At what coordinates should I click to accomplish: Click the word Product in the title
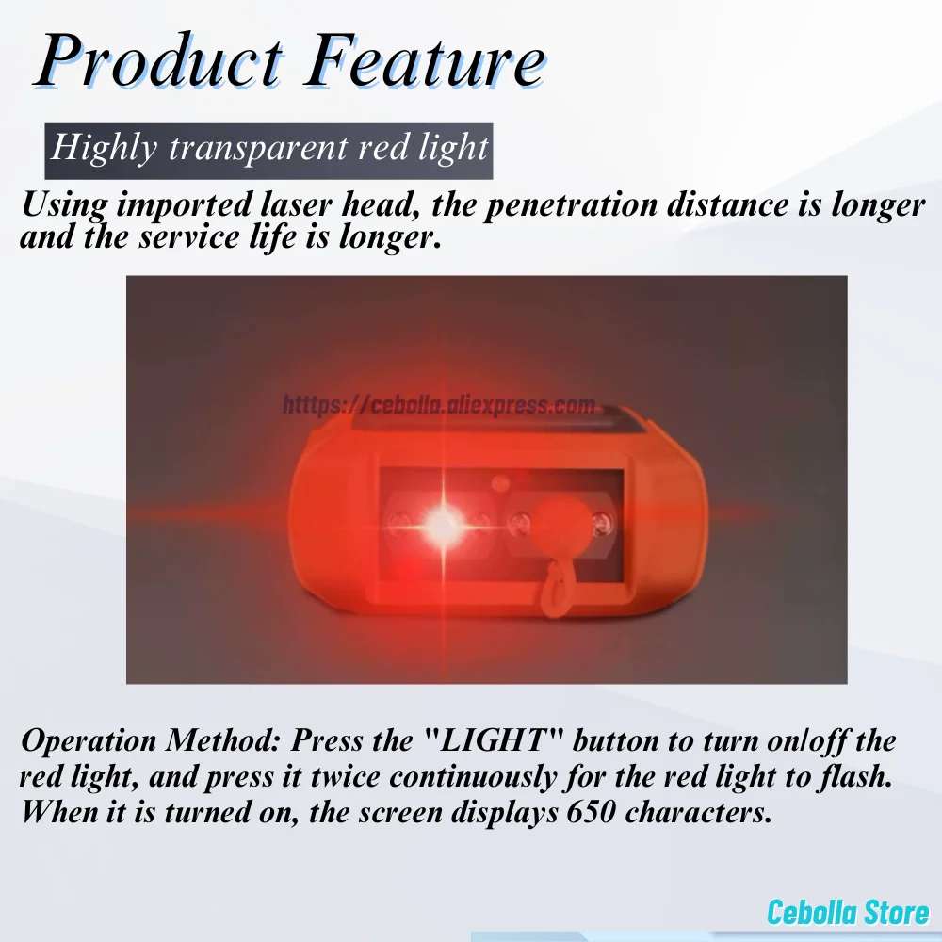click(160, 60)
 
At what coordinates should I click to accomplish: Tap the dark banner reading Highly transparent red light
click(268, 151)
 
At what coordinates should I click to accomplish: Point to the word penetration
click(573, 204)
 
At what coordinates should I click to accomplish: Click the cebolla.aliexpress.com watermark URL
click(439, 405)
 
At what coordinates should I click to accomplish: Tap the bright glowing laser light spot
click(442, 525)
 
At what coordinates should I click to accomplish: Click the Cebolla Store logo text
click(848, 912)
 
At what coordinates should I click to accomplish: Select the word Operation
click(89, 740)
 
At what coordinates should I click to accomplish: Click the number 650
click(591, 812)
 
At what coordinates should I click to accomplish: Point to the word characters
click(699, 813)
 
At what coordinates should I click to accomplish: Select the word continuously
click(473, 777)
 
